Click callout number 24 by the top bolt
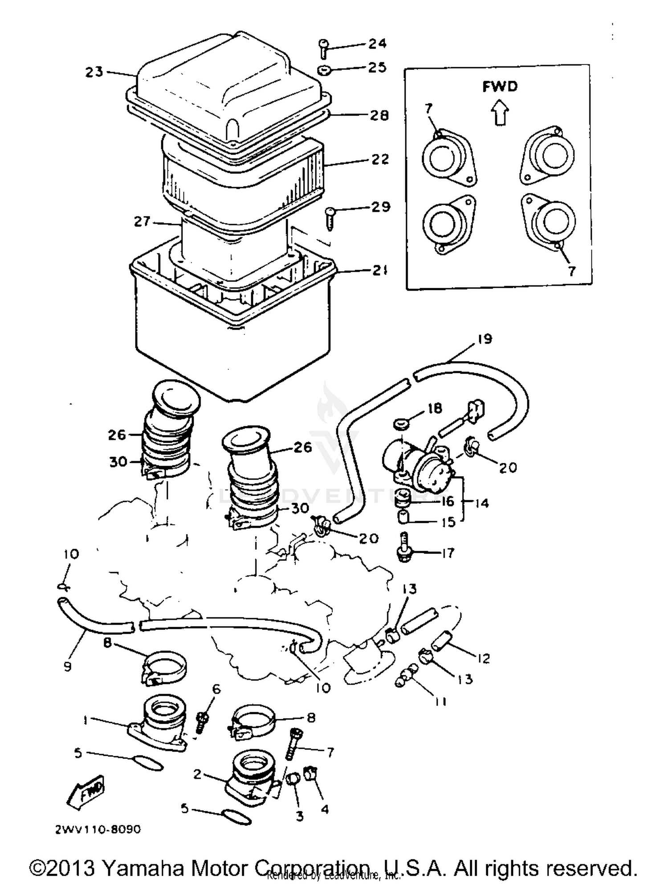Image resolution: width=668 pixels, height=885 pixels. point(378,43)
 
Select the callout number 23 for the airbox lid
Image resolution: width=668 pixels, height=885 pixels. point(94,72)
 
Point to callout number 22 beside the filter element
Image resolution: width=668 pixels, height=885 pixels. point(380,159)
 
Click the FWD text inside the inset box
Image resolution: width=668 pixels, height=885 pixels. point(500,86)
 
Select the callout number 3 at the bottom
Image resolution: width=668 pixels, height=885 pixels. point(299,816)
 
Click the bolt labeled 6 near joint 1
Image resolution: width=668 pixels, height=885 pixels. point(201,721)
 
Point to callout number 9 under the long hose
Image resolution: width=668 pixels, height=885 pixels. point(67,666)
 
